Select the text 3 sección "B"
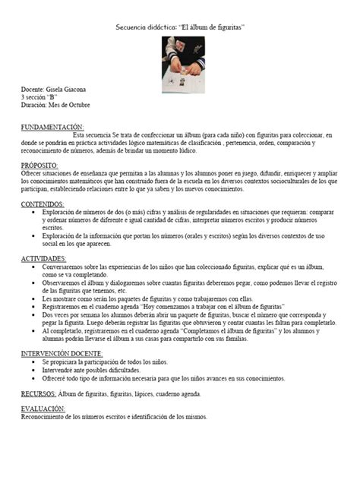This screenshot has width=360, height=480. [x=39, y=98]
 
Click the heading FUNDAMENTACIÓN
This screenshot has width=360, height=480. [x=52, y=126]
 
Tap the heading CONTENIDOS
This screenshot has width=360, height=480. [x=43, y=204]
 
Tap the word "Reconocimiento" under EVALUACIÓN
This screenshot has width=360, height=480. [x=45, y=418]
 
